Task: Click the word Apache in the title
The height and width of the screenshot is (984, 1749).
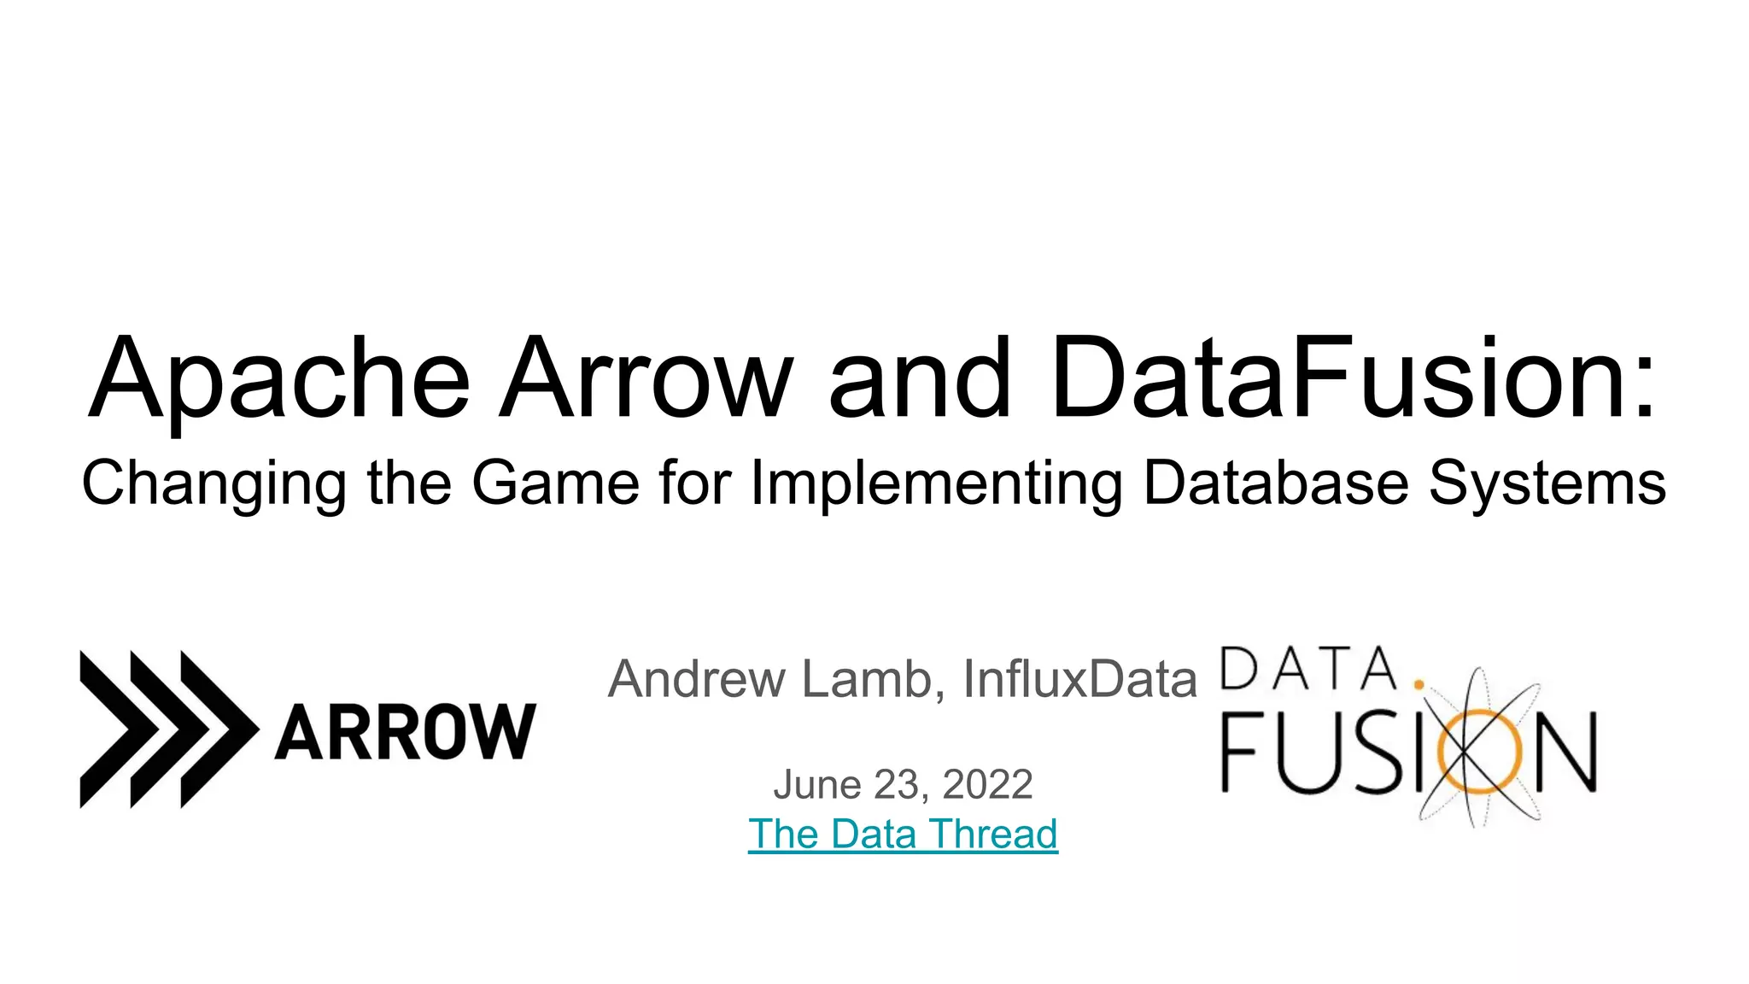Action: pos(279,380)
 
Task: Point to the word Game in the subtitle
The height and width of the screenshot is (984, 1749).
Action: pos(555,483)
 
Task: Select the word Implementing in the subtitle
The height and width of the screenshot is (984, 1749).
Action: pos(936,484)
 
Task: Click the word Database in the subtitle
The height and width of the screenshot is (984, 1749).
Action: pos(1276,483)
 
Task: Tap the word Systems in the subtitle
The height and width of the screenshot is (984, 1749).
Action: pos(1547,484)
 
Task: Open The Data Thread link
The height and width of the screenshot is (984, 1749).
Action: pos(903,834)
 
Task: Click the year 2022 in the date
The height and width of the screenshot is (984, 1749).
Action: pos(987,784)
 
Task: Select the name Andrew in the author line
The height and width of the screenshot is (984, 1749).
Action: pos(696,679)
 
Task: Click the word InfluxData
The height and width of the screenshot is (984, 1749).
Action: pos(1079,679)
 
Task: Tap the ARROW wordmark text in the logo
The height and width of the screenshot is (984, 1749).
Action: pos(405,732)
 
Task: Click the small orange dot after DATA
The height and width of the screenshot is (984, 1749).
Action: pos(1419,684)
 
